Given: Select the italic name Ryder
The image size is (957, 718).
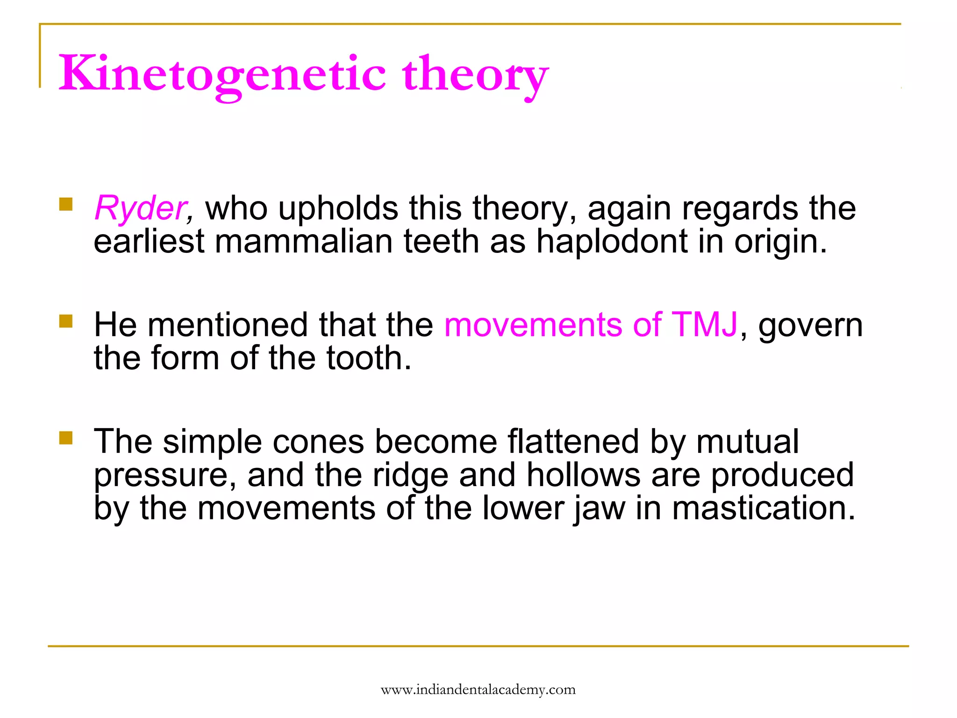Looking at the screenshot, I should click(140, 208).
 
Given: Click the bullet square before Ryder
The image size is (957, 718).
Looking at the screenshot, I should click(66, 204).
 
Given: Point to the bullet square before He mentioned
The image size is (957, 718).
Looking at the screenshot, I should click(66, 321).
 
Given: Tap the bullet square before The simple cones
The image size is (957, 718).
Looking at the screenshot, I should click(66, 438).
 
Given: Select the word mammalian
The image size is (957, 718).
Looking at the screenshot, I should click(304, 242).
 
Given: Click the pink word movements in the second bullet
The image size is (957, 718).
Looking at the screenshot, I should click(533, 325).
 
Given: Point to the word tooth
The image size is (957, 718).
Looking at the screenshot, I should click(368, 359).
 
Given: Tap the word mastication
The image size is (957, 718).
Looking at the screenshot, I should click(764, 508).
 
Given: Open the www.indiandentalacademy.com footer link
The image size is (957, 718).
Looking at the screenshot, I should click(478, 689).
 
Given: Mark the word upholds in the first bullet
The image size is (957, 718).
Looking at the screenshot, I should click(338, 208).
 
